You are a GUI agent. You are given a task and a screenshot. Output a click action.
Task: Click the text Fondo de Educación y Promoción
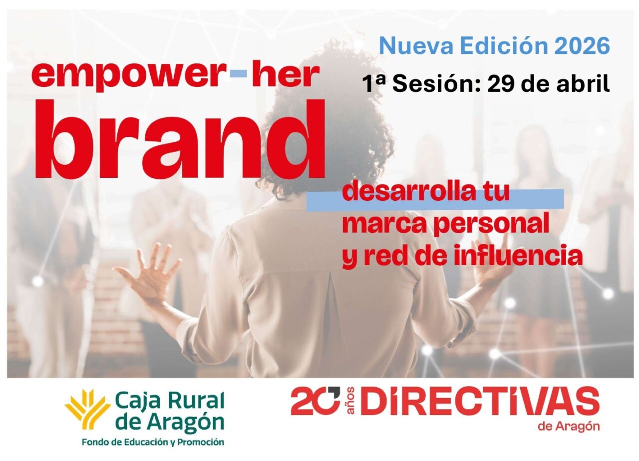tap(153, 442)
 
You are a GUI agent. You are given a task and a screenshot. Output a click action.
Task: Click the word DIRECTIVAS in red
tap(480, 402)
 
